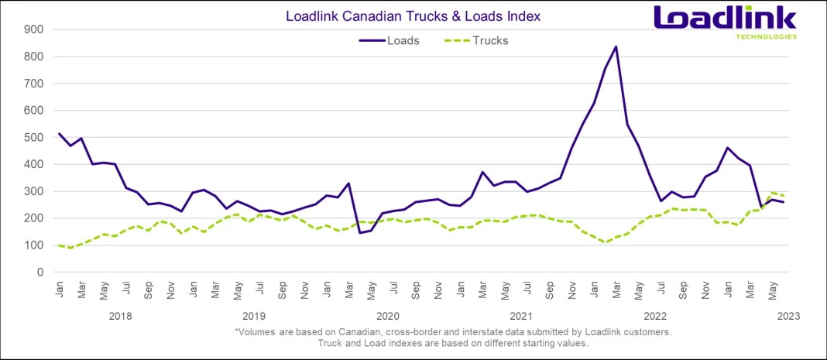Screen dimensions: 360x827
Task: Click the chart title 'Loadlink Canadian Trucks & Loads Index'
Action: (x=413, y=15)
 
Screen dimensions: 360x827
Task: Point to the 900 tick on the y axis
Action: (x=34, y=29)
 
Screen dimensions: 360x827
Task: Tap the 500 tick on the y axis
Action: (x=34, y=137)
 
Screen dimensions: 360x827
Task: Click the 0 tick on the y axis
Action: (x=39, y=273)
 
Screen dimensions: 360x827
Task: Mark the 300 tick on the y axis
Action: (x=34, y=191)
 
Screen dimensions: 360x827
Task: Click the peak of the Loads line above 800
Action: (x=616, y=46)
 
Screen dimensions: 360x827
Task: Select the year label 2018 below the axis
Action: (x=120, y=316)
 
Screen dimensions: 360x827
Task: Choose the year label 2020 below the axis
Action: (x=387, y=316)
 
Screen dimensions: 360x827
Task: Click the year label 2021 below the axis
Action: (x=521, y=316)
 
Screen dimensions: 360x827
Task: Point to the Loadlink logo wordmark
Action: (x=724, y=18)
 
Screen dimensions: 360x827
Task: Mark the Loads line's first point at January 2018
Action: (x=60, y=133)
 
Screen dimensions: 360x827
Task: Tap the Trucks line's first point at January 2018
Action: (x=60, y=245)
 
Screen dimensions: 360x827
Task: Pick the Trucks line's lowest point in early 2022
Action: (x=605, y=242)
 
